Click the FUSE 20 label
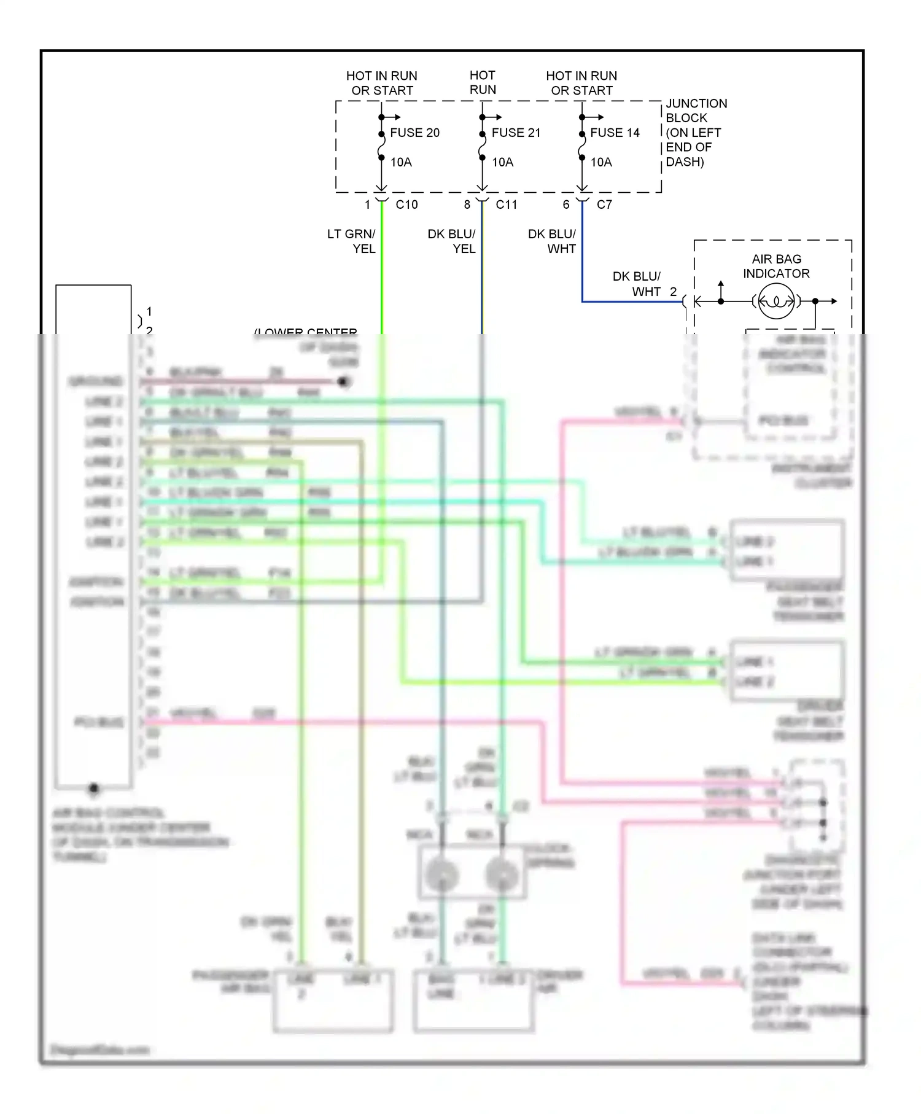[x=414, y=133]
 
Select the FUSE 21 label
[x=516, y=133]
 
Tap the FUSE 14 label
[x=615, y=133]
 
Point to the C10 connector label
[x=406, y=204]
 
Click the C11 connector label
[x=507, y=204]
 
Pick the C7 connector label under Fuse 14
[x=604, y=204]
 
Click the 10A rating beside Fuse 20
[x=401, y=162]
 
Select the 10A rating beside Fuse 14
[x=601, y=162]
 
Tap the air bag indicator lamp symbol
[x=776, y=302]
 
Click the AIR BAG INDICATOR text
[x=776, y=267]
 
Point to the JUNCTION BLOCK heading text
[x=696, y=111]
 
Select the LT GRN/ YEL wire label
[x=351, y=241]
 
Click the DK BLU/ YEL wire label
[x=451, y=241]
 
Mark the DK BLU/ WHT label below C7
[x=551, y=241]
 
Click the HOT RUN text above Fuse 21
[x=483, y=82]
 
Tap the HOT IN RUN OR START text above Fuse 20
[x=382, y=83]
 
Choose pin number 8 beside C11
[x=467, y=204]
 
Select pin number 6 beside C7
[x=566, y=204]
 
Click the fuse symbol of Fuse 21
[x=483, y=146]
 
